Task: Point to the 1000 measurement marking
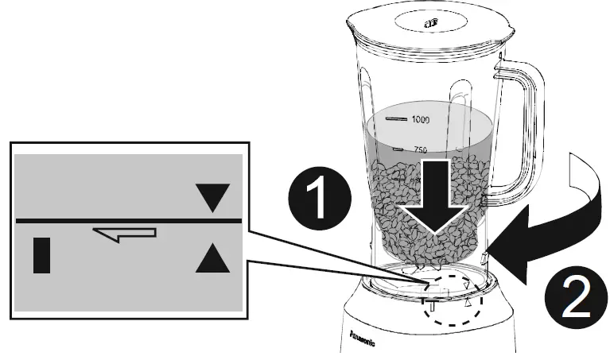click(420, 119)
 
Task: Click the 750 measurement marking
click(420, 149)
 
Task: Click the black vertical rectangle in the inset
click(42, 255)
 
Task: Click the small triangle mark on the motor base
click(469, 303)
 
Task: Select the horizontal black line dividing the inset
click(127, 218)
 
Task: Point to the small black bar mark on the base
click(430, 304)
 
